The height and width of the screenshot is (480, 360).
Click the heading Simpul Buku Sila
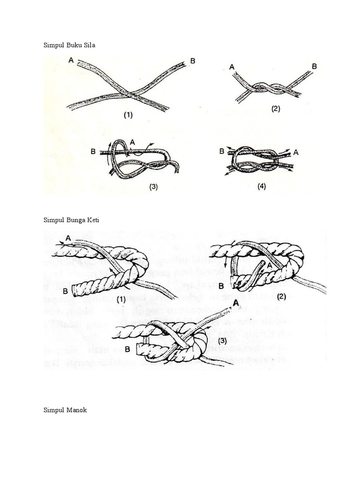coord(72,45)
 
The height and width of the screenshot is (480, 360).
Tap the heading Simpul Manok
coord(65,410)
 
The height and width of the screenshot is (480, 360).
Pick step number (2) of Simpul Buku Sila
coord(275,109)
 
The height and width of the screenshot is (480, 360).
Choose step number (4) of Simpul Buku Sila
coord(262,186)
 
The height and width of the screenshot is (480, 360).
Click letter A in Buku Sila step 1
coord(70,60)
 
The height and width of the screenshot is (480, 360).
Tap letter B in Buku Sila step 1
coord(192,60)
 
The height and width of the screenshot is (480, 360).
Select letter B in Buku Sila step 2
coord(314,67)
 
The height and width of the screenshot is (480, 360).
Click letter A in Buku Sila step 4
coord(296,151)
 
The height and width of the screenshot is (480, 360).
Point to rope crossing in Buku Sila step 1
coord(133,92)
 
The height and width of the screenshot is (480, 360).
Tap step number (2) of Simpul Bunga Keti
coord(281,296)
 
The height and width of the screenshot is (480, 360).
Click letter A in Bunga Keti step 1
coord(68,238)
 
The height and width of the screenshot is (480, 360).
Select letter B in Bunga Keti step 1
coord(66,291)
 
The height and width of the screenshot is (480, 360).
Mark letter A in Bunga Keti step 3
coord(236,304)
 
